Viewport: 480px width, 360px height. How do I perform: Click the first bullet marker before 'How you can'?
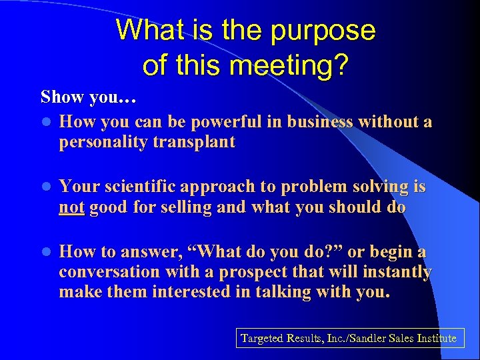(45, 123)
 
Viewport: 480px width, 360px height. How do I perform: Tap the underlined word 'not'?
(71, 207)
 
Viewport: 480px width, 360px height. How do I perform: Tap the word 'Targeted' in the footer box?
(264, 339)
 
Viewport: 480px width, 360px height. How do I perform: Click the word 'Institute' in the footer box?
(437, 339)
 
